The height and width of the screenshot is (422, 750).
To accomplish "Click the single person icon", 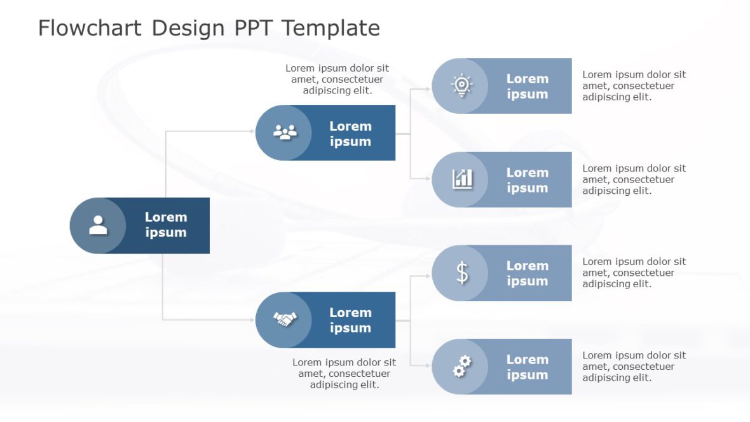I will [x=98, y=225].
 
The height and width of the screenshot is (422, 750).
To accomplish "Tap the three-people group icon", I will [x=285, y=132].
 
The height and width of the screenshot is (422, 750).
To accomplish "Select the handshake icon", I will [x=285, y=319].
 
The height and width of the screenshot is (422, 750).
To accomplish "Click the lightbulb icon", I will [x=461, y=85].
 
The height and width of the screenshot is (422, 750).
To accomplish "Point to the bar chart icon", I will [x=462, y=179].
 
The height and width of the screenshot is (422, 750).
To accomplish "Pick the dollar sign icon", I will [x=462, y=273].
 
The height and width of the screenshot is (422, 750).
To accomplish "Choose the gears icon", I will [x=462, y=366].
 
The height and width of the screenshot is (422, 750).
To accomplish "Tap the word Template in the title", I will [x=331, y=29].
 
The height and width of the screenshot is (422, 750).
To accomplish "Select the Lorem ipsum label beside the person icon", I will [x=166, y=225].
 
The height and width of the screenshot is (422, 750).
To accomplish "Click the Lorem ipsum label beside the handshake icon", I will [x=350, y=320].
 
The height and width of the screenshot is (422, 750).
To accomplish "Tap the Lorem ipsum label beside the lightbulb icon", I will [x=527, y=86].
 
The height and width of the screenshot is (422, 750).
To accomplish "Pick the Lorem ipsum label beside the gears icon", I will [x=527, y=367].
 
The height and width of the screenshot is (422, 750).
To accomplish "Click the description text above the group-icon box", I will [x=337, y=79].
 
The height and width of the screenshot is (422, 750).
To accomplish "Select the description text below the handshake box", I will [x=344, y=373].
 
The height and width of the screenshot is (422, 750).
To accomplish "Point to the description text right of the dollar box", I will [x=634, y=273].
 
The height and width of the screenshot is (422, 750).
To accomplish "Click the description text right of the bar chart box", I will [x=634, y=179].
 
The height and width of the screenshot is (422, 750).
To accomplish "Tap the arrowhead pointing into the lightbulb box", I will [x=428, y=90].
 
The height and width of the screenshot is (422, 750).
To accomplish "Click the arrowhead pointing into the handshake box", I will [x=252, y=320].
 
